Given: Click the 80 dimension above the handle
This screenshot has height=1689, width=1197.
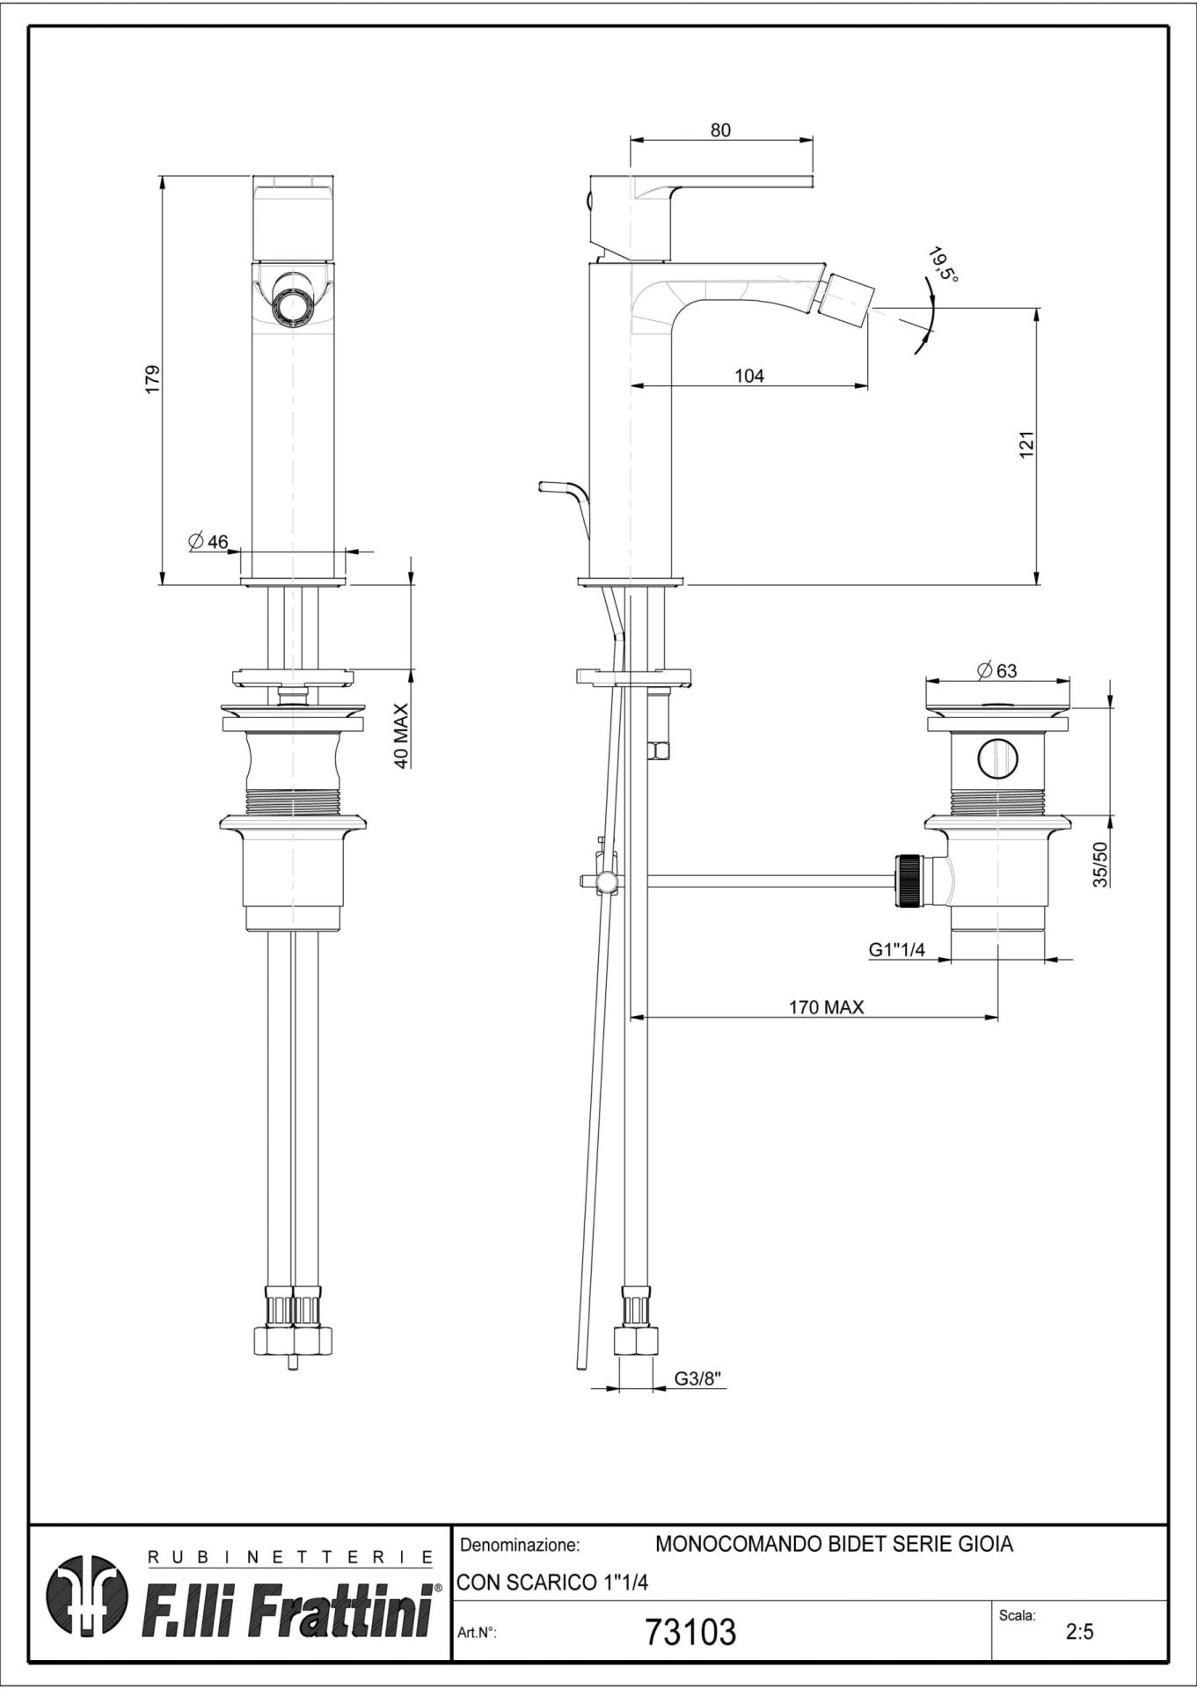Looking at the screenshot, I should (x=720, y=130).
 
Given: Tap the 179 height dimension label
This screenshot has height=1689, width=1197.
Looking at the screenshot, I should (x=151, y=379).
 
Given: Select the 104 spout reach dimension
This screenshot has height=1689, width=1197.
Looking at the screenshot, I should (x=749, y=377).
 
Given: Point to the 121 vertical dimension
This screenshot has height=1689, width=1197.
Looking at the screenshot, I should (x=1026, y=443).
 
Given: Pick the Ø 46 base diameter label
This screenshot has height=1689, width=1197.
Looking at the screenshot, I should (x=208, y=542).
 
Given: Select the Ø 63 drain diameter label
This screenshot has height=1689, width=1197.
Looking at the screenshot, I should (x=996, y=670).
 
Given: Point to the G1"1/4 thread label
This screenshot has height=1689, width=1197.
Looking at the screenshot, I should (x=896, y=950).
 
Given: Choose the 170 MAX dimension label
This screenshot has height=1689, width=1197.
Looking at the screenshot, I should (x=826, y=1007).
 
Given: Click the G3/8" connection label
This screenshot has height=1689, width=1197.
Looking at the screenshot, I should (x=699, y=1379).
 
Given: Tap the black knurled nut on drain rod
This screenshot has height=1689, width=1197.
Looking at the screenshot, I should (x=906, y=879).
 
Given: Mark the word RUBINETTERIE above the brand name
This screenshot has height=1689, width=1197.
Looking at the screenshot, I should (x=290, y=1558).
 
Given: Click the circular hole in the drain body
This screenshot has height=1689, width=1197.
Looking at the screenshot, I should (x=996, y=757).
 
